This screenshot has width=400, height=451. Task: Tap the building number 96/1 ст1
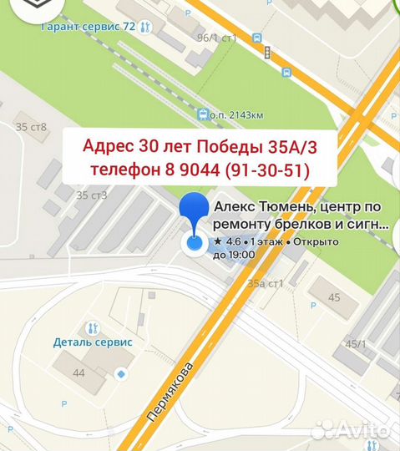pyautogui.click(x=217, y=38)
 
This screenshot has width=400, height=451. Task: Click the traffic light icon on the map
pyautogui.click(x=267, y=53)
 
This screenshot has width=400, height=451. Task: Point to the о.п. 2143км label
pyautogui.click(x=242, y=114)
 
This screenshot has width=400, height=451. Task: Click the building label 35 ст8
pyautogui.click(x=31, y=127)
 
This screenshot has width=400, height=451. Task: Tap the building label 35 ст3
pyautogui.click(x=92, y=195)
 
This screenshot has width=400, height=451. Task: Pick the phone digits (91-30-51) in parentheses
pyautogui.click(x=266, y=171)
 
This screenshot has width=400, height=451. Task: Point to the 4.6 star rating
pyautogui.click(x=227, y=241)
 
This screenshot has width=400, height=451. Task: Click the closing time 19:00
pyautogui.click(x=241, y=254)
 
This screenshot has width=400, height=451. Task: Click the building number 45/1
pyautogui.click(x=358, y=343)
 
